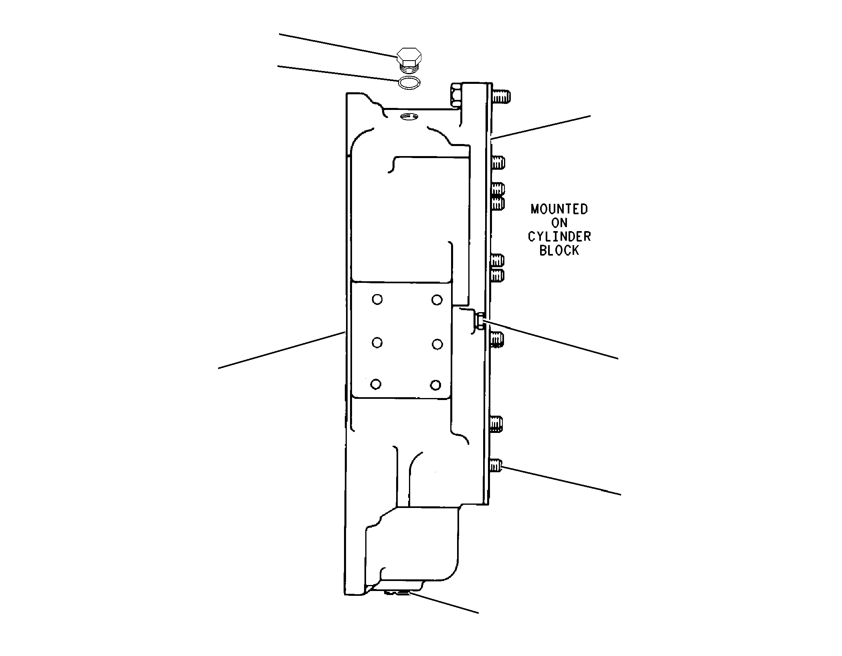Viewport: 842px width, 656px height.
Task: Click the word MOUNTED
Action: click(559, 209)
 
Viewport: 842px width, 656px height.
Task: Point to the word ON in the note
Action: click(559, 223)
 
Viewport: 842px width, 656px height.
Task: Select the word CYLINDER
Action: click(559, 237)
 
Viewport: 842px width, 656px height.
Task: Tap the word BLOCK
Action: click(559, 251)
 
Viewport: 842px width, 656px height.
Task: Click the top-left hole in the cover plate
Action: click(377, 299)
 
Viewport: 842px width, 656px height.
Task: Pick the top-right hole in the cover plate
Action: click(437, 300)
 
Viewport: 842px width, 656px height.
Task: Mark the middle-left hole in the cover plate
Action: click(377, 343)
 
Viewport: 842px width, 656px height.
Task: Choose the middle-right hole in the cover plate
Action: click(437, 344)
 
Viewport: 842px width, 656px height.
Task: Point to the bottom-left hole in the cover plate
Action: click(376, 384)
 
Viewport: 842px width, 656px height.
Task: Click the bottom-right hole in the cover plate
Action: click(436, 386)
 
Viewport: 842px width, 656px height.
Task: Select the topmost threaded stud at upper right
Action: click(501, 96)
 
